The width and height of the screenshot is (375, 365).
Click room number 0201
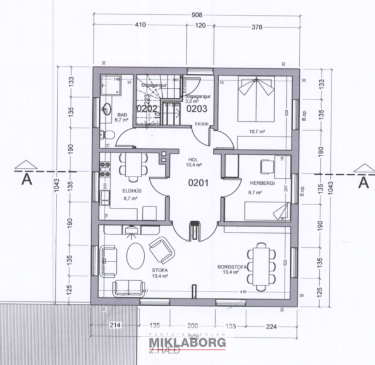click(198, 183)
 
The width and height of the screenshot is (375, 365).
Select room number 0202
click(146, 108)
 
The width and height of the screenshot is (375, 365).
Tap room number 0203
click(196, 108)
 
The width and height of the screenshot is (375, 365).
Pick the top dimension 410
click(140, 25)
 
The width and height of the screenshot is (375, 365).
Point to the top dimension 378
click(257, 25)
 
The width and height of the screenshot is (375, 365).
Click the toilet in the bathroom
click(106, 137)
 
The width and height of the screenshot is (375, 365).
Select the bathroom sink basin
click(107, 109)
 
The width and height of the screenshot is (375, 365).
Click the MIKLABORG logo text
click(187, 343)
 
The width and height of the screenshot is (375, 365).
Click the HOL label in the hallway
click(193, 160)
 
